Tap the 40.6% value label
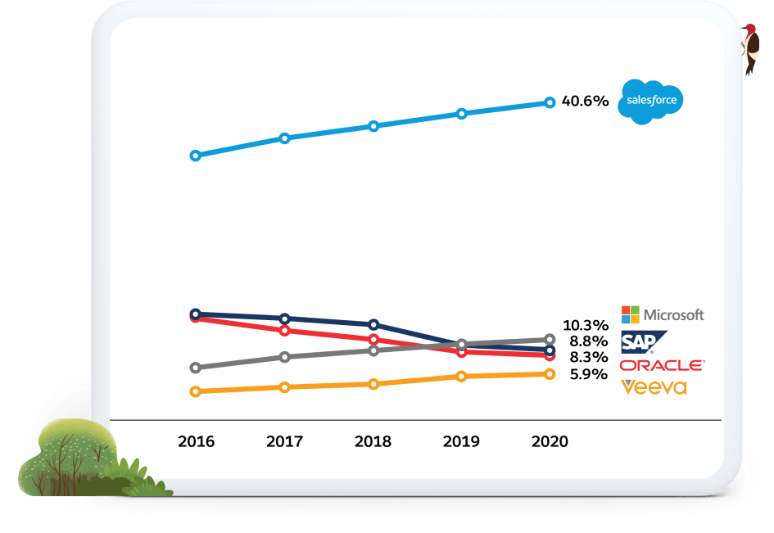[x=585, y=102]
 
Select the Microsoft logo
[x=663, y=314]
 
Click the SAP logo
[x=643, y=341]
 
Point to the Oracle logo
[x=662, y=365]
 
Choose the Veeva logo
[x=654, y=386]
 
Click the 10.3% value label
[x=586, y=324]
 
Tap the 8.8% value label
[x=589, y=341]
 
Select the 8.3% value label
[x=589, y=358]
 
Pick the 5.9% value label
[x=589, y=374]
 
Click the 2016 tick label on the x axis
[x=196, y=441]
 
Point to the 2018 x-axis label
[x=373, y=441]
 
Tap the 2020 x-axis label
[x=550, y=441]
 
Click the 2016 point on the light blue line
[x=195, y=156]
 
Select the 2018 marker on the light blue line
[x=373, y=126]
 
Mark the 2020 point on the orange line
[x=550, y=374]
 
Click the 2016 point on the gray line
[x=195, y=368]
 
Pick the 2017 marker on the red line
[x=284, y=331]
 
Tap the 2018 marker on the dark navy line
[x=373, y=324]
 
